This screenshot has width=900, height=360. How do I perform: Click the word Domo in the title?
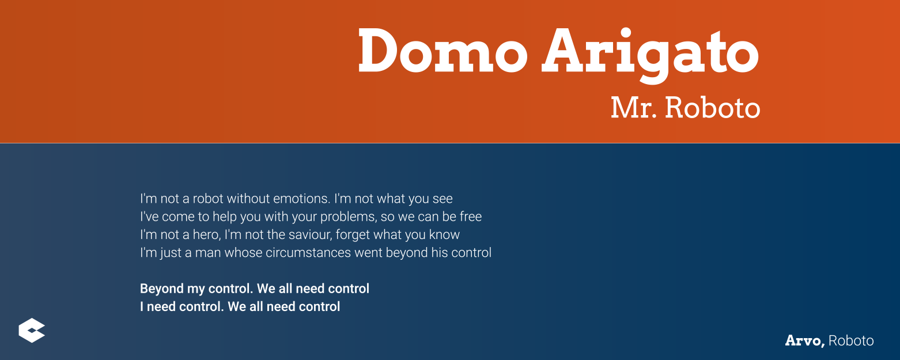pos(443,50)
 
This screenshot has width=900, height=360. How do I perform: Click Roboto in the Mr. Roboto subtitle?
pos(712,108)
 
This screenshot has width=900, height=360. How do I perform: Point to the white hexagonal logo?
pos(32,330)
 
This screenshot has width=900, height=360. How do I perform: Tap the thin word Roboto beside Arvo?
pos(851,341)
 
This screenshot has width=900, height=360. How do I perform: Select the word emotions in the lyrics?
pos(301,199)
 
